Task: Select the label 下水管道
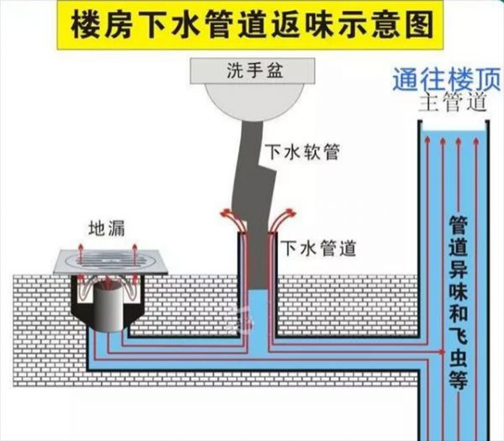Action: point(319,248)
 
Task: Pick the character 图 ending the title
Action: point(417,26)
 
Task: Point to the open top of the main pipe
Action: point(454,124)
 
